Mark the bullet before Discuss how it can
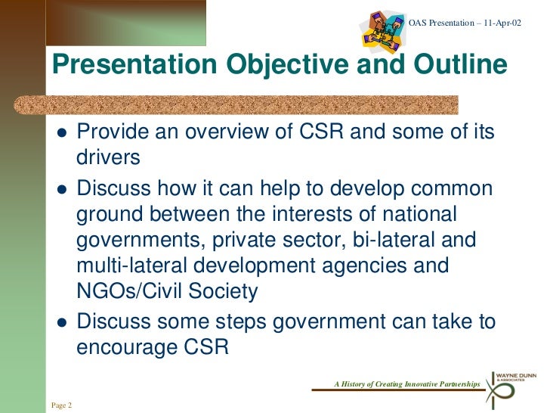tap(63, 188)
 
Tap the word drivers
tap(108, 159)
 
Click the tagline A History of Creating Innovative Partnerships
tap(406, 385)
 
